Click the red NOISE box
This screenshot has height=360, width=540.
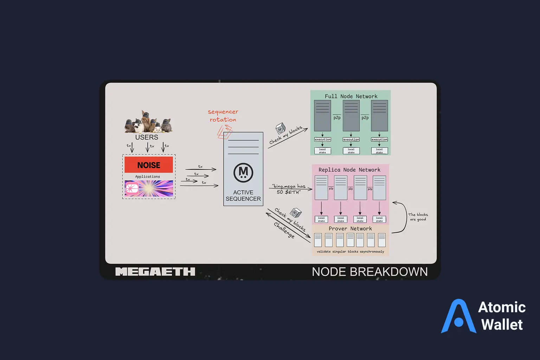tap(149, 165)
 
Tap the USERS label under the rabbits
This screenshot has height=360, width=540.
tap(147, 137)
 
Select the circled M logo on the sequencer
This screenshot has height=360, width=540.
tap(243, 173)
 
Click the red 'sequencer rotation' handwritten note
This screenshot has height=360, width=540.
tap(223, 116)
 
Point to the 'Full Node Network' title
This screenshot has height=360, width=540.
tap(351, 96)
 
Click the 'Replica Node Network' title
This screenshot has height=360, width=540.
tap(349, 170)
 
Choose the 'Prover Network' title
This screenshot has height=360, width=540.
tap(350, 229)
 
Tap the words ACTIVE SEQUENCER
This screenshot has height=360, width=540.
tap(243, 195)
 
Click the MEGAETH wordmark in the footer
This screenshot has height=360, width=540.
tap(155, 272)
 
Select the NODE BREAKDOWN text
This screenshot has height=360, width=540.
tap(369, 272)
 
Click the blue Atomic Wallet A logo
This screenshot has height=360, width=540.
tap(458, 316)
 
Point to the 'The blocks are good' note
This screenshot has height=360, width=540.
tap(418, 217)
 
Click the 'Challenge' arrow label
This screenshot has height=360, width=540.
tap(284, 230)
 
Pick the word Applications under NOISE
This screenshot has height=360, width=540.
tap(148, 176)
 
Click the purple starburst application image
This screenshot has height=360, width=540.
tap(156, 188)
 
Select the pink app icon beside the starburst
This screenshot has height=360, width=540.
tap(132, 188)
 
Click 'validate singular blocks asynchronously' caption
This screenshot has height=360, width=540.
tap(350, 252)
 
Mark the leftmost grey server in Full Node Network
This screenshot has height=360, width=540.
tap(322, 116)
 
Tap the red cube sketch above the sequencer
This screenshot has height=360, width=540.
tap(225, 133)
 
